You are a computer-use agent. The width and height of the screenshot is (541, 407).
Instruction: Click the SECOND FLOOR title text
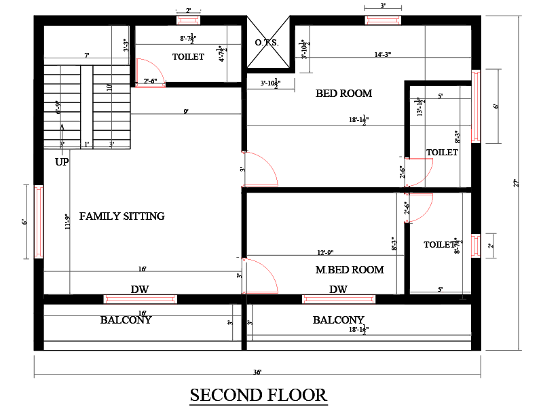coord(258,394)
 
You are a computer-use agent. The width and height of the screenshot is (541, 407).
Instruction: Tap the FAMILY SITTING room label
coord(122,216)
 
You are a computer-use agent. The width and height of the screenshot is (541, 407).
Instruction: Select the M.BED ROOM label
coord(350,270)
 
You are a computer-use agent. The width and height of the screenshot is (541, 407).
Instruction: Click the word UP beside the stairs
coord(62,163)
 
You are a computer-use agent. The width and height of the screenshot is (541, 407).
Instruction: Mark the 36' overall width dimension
coord(258,372)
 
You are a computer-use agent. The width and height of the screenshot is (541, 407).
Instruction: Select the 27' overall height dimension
coord(516,183)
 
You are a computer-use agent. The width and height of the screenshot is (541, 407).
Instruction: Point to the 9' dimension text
coord(185,111)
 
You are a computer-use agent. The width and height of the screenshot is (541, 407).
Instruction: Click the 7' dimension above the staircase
coord(86,55)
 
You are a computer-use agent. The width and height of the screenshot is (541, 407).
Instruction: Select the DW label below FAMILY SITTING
coord(140,290)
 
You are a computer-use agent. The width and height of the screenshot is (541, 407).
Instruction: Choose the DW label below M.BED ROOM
coord(338,290)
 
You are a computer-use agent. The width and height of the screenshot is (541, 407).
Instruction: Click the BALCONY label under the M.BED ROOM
coord(338,319)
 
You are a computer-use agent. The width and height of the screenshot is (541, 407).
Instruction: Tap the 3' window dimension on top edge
coord(383,5)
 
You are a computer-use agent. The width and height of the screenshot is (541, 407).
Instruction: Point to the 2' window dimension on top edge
coord(188,10)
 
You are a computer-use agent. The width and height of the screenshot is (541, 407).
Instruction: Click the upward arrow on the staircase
coord(62,132)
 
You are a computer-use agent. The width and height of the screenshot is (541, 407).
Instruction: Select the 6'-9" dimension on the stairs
coord(58,109)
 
